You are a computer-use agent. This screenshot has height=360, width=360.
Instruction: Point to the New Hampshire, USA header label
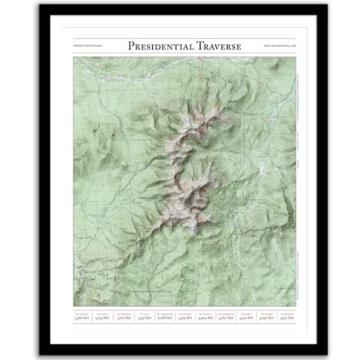tap(279, 47)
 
